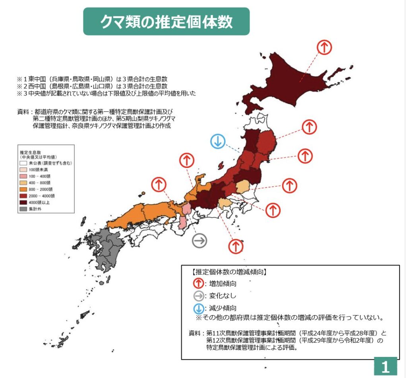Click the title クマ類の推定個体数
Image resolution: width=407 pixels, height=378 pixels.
166,21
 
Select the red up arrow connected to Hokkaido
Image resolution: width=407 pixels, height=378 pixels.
324,47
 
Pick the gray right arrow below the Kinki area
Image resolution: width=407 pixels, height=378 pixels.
200,240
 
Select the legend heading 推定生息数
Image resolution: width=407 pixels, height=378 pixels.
31,152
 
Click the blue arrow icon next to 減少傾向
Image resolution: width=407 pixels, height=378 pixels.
199,308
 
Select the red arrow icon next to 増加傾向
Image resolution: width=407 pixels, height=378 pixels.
199,284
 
